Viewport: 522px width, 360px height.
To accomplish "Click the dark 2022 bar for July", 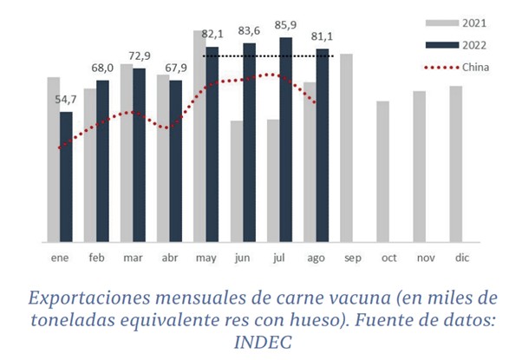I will (x=286, y=139).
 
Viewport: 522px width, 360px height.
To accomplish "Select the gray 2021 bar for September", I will (x=347, y=147).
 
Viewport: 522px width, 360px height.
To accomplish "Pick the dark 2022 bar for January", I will (x=66, y=177).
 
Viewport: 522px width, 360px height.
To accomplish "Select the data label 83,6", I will (x=249, y=33).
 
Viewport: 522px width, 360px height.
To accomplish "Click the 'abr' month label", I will (x=170, y=257).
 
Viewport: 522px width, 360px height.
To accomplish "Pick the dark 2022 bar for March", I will (x=140, y=154).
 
